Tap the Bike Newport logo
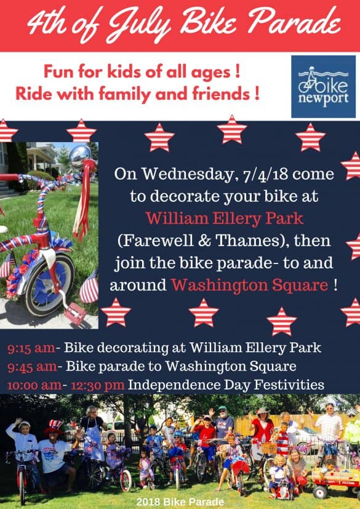pos(323,86)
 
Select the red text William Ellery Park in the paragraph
pos(225,218)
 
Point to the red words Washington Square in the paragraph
pos(250,285)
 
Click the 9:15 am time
pos(31,348)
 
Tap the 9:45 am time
pos(33,367)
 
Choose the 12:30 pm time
pos(97,386)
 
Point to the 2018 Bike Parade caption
pos(180,502)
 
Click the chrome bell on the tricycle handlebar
pos(80,156)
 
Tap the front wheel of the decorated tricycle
pos(49,285)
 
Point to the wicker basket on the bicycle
pos(268,448)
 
